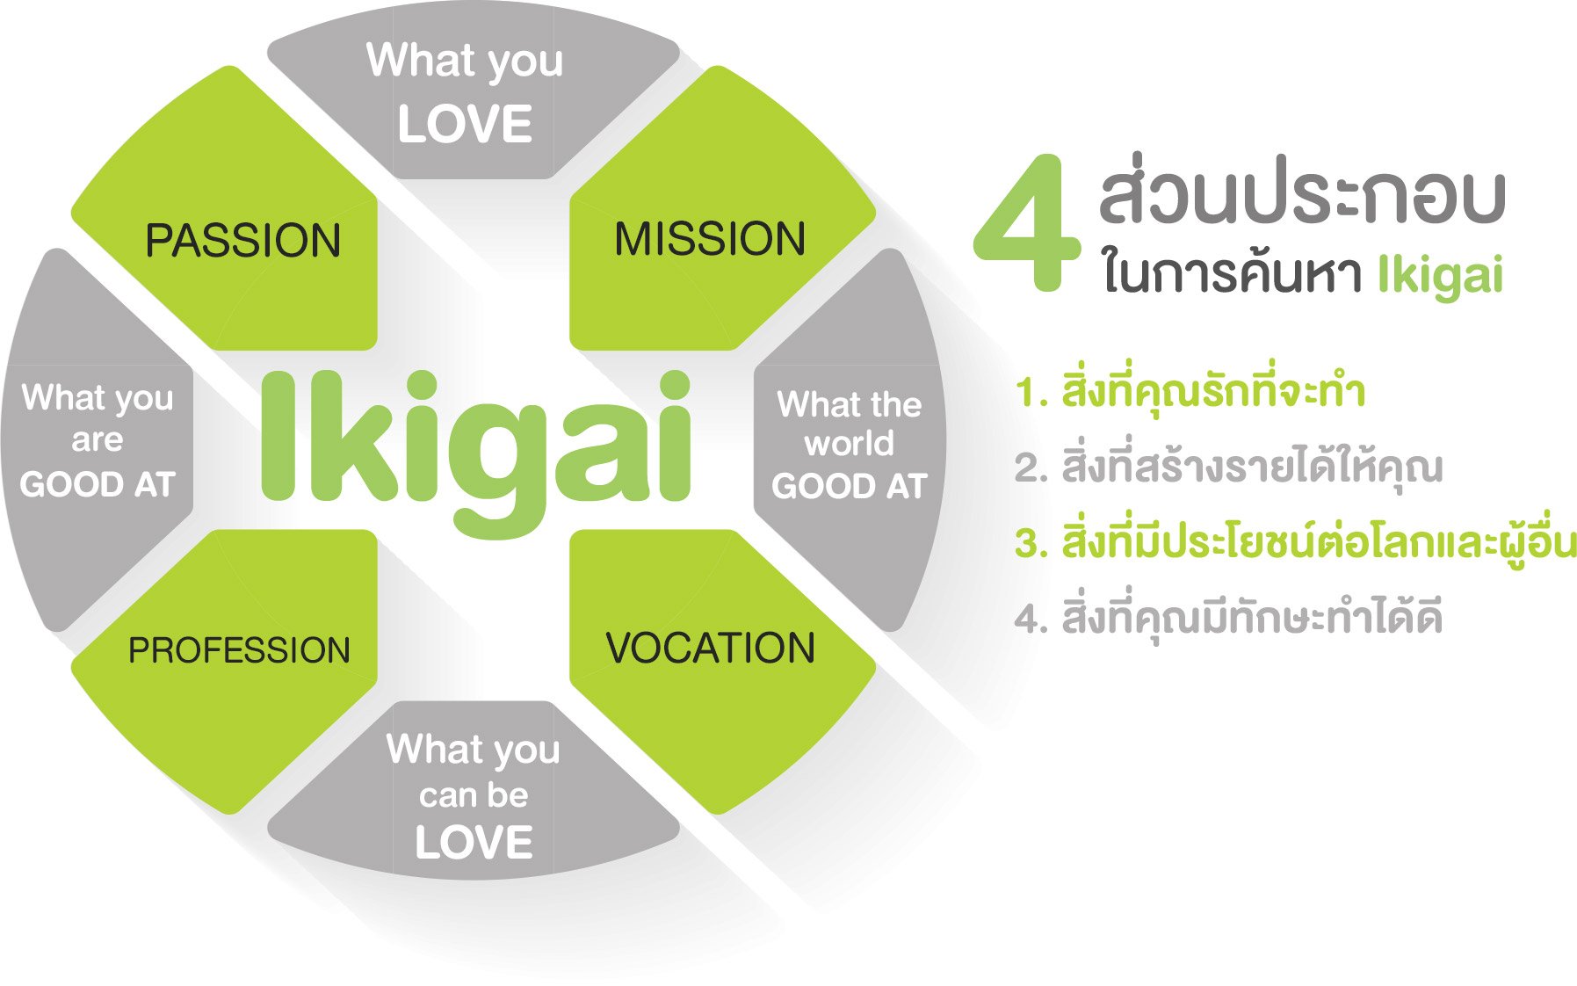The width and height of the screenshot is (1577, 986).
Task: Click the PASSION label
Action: click(242, 241)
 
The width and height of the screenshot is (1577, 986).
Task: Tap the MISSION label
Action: click(710, 239)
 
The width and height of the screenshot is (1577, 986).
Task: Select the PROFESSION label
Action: click(239, 650)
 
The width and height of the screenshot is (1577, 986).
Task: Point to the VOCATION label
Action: click(711, 648)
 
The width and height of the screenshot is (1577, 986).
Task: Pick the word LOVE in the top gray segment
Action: click(465, 124)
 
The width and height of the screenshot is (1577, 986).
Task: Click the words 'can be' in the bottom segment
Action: click(474, 795)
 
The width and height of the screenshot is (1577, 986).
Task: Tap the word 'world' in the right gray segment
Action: click(849, 443)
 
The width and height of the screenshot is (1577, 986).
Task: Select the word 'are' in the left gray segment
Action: click(97, 440)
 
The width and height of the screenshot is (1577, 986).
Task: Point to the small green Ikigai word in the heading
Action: click(1440, 276)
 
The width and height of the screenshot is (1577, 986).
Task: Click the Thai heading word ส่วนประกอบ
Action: click(1302, 195)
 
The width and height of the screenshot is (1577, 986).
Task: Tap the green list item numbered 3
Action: click(1295, 541)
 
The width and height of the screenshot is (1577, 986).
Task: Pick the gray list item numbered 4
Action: click(1228, 617)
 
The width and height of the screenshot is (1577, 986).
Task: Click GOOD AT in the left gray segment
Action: click(98, 484)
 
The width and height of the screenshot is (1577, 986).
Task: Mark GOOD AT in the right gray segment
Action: click(850, 486)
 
